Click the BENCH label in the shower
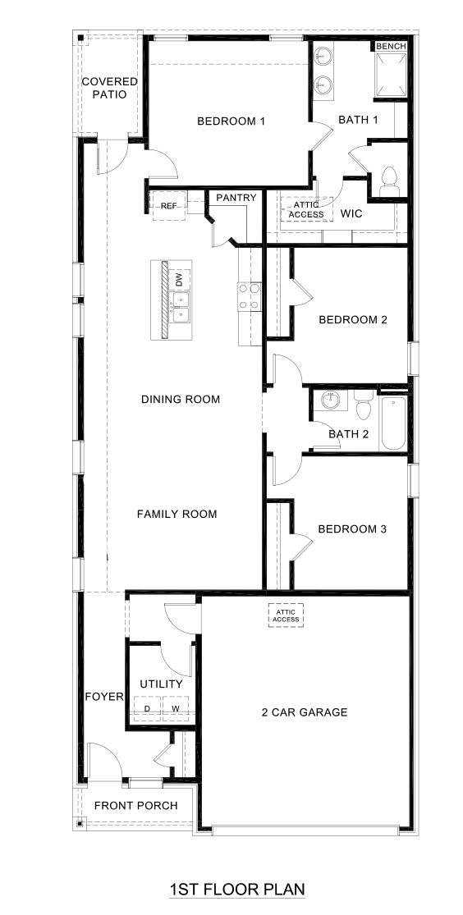point(391,47)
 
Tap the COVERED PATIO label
point(109,88)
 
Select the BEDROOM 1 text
point(231,121)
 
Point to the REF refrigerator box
point(168,205)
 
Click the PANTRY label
point(236,198)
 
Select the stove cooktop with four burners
point(249,297)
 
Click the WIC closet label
point(352,213)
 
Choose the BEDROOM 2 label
point(352,320)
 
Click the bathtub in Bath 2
point(393,423)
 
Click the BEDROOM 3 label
point(351,529)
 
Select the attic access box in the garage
point(286,615)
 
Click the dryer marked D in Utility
point(148,707)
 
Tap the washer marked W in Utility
point(175,707)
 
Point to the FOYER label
point(103,698)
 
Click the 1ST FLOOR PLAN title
point(236,889)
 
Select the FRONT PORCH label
point(135,805)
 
